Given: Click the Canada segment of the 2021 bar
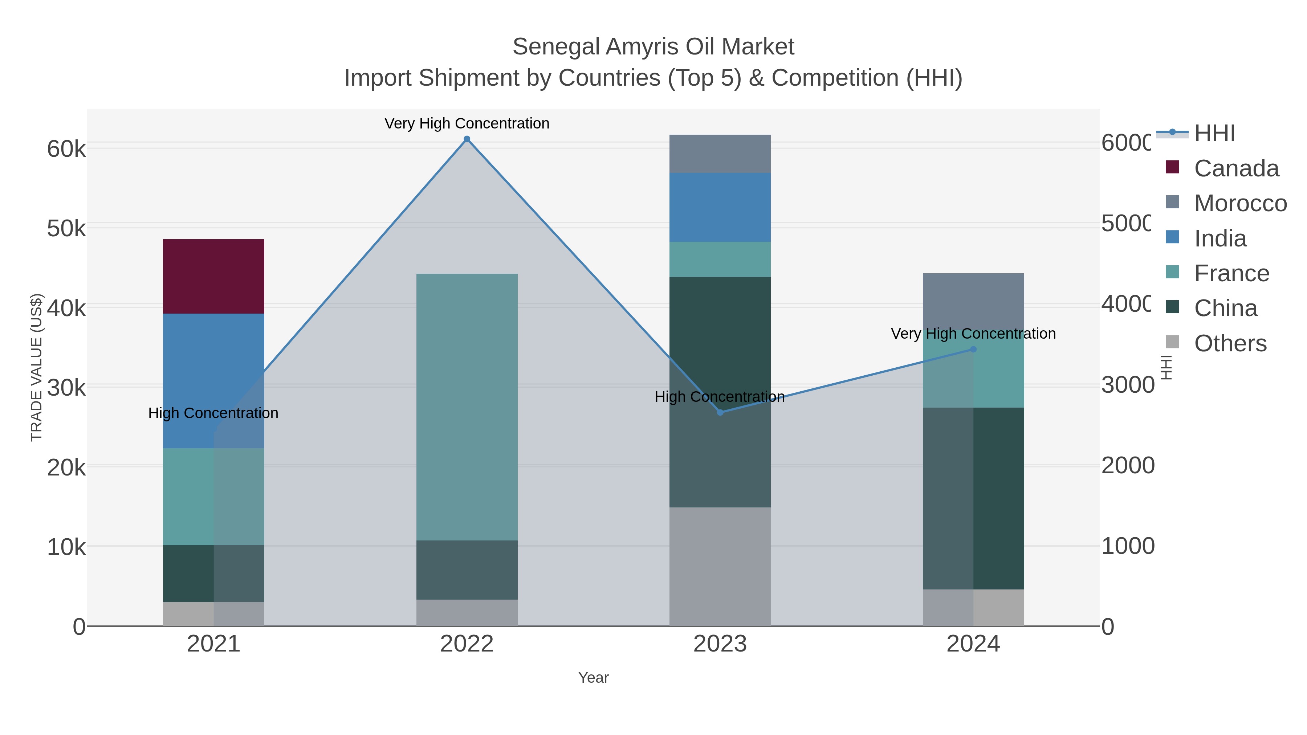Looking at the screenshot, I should tap(213, 277).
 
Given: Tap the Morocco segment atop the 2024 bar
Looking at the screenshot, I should tap(973, 299).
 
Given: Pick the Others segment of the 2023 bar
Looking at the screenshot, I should tap(720, 566).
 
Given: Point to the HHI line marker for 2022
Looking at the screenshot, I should tap(467, 139).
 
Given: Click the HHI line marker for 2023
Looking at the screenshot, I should tap(720, 412).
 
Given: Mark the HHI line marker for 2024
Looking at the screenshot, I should tap(973, 350).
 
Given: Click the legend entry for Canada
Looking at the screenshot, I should tap(1235, 168).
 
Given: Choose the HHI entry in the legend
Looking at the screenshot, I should tap(1214, 134).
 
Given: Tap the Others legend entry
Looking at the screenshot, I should tap(1230, 343).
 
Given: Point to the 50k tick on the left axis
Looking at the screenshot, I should tap(66, 229).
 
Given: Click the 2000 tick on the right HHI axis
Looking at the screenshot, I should tap(1127, 466).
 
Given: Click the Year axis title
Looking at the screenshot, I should tap(593, 678).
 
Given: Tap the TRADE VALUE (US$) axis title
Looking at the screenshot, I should tap(37, 367).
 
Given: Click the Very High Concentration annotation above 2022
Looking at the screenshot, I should tap(467, 123).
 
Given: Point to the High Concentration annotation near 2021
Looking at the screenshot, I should tap(213, 413).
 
